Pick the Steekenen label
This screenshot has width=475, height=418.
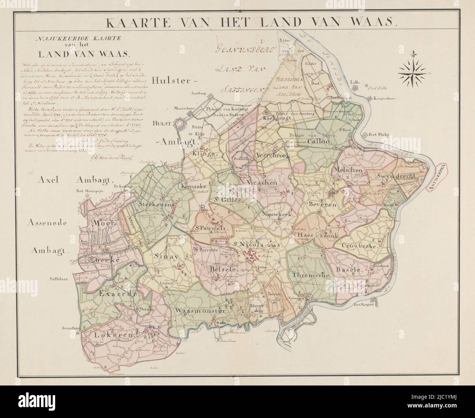pos(155,205)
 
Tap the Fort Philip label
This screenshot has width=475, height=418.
pos(380,134)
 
